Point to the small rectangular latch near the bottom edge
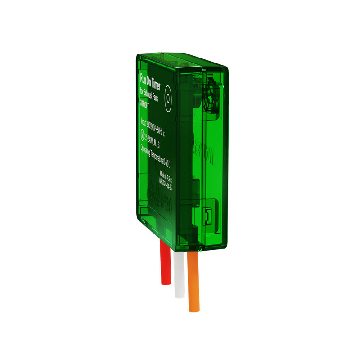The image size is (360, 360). point(207,216)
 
